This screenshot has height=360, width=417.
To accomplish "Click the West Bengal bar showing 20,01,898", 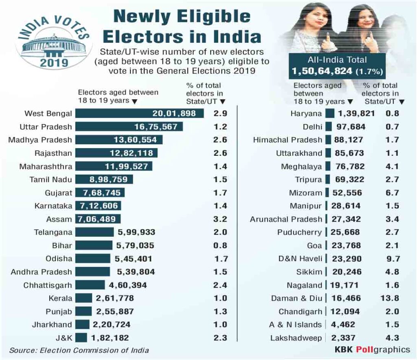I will [x=140, y=113].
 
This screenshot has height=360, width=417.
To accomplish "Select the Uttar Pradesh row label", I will [x=46, y=127].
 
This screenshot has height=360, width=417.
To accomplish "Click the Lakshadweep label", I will [x=296, y=338].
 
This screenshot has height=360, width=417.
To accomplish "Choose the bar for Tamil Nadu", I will [x=104, y=179].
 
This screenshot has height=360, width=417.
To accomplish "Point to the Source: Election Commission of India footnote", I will [x=79, y=350].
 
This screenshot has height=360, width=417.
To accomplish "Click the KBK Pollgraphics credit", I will [x=372, y=349].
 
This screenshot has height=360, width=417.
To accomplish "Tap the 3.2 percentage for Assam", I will [x=220, y=219].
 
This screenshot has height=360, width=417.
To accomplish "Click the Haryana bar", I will [x=330, y=113].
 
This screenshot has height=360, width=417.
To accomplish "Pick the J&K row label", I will [x=64, y=338].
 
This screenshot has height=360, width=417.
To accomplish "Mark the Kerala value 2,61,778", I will [x=115, y=298].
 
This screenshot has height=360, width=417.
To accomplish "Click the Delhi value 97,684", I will [x=351, y=127].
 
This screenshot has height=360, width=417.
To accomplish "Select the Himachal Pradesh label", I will [x=288, y=140].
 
